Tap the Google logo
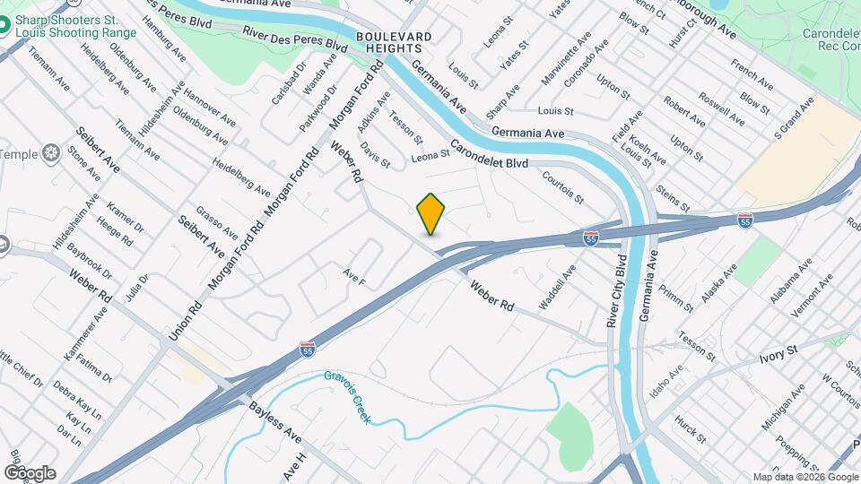[x=29, y=472]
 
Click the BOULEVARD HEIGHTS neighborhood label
[x=394, y=42]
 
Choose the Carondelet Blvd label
[x=489, y=154]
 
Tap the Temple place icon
[x=52, y=154]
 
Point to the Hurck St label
[x=691, y=428]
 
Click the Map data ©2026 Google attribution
[x=804, y=477]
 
